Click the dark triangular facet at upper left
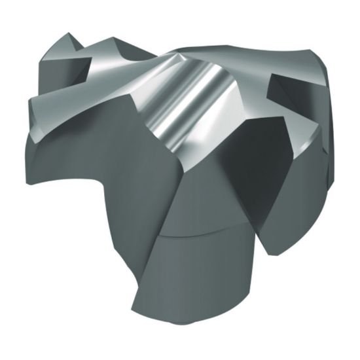point(62,65)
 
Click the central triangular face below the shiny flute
point(190,183)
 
